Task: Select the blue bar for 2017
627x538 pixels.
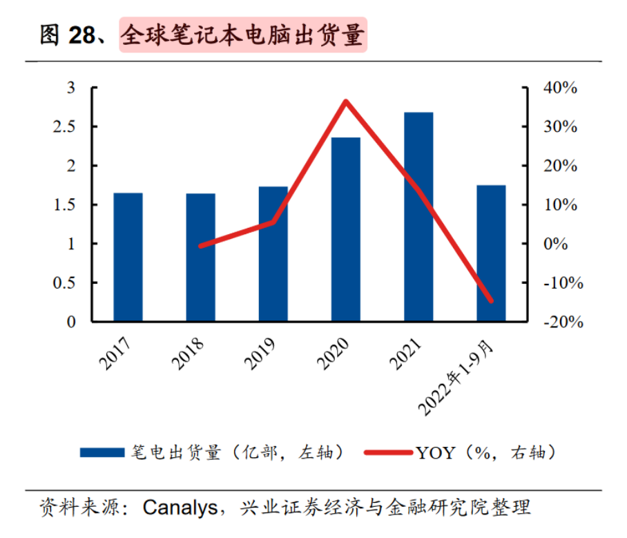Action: pos(128,257)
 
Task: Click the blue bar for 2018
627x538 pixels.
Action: pos(201,257)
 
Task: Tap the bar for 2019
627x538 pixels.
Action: pos(273,253)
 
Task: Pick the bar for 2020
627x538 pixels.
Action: pos(346,229)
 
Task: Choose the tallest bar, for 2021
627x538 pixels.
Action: pos(418,217)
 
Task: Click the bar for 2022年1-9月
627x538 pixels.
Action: pos(491,253)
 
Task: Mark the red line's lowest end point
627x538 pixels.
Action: pos(491,300)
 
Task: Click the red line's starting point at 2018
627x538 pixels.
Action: pos(201,245)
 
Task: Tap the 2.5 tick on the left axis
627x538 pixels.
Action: pos(75,127)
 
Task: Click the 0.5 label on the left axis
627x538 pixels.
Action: pos(75,283)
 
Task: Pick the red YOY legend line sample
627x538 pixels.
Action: pos(387,453)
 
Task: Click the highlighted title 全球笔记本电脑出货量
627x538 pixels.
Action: pos(242,35)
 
